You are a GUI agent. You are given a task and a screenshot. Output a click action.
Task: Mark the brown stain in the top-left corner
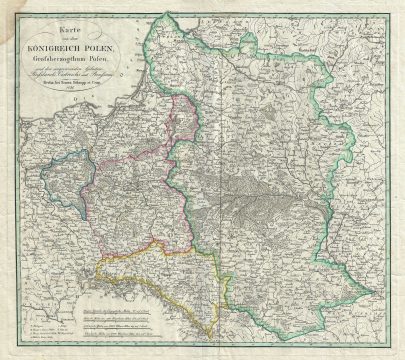click(x=12, y=12)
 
